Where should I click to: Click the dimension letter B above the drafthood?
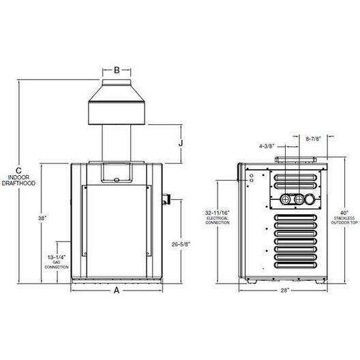[x=117, y=70]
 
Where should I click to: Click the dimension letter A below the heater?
[x=117, y=290]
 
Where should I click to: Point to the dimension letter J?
[x=181, y=143]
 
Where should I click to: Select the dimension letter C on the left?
[x=18, y=170]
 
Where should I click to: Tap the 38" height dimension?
[x=42, y=218]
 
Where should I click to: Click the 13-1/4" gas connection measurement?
[x=57, y=257]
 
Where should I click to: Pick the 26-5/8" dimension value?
[x=181, y=244]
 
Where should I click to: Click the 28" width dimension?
[x=285, y=290]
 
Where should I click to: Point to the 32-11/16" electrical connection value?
[x=217, y=213]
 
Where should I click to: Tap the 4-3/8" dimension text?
[x=267, y=146]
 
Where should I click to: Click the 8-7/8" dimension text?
[x=313, y=139]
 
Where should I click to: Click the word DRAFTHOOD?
[x=18, y=183]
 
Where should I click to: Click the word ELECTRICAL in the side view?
[x=217, y=218]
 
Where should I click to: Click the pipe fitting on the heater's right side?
[x=166, y=199]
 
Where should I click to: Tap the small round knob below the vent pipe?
[x=117, y=180]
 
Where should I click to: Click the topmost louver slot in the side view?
[x=296, y=177]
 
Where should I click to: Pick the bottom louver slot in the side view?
[x=296, y=265]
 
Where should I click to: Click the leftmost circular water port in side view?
[x=285, y=199]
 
